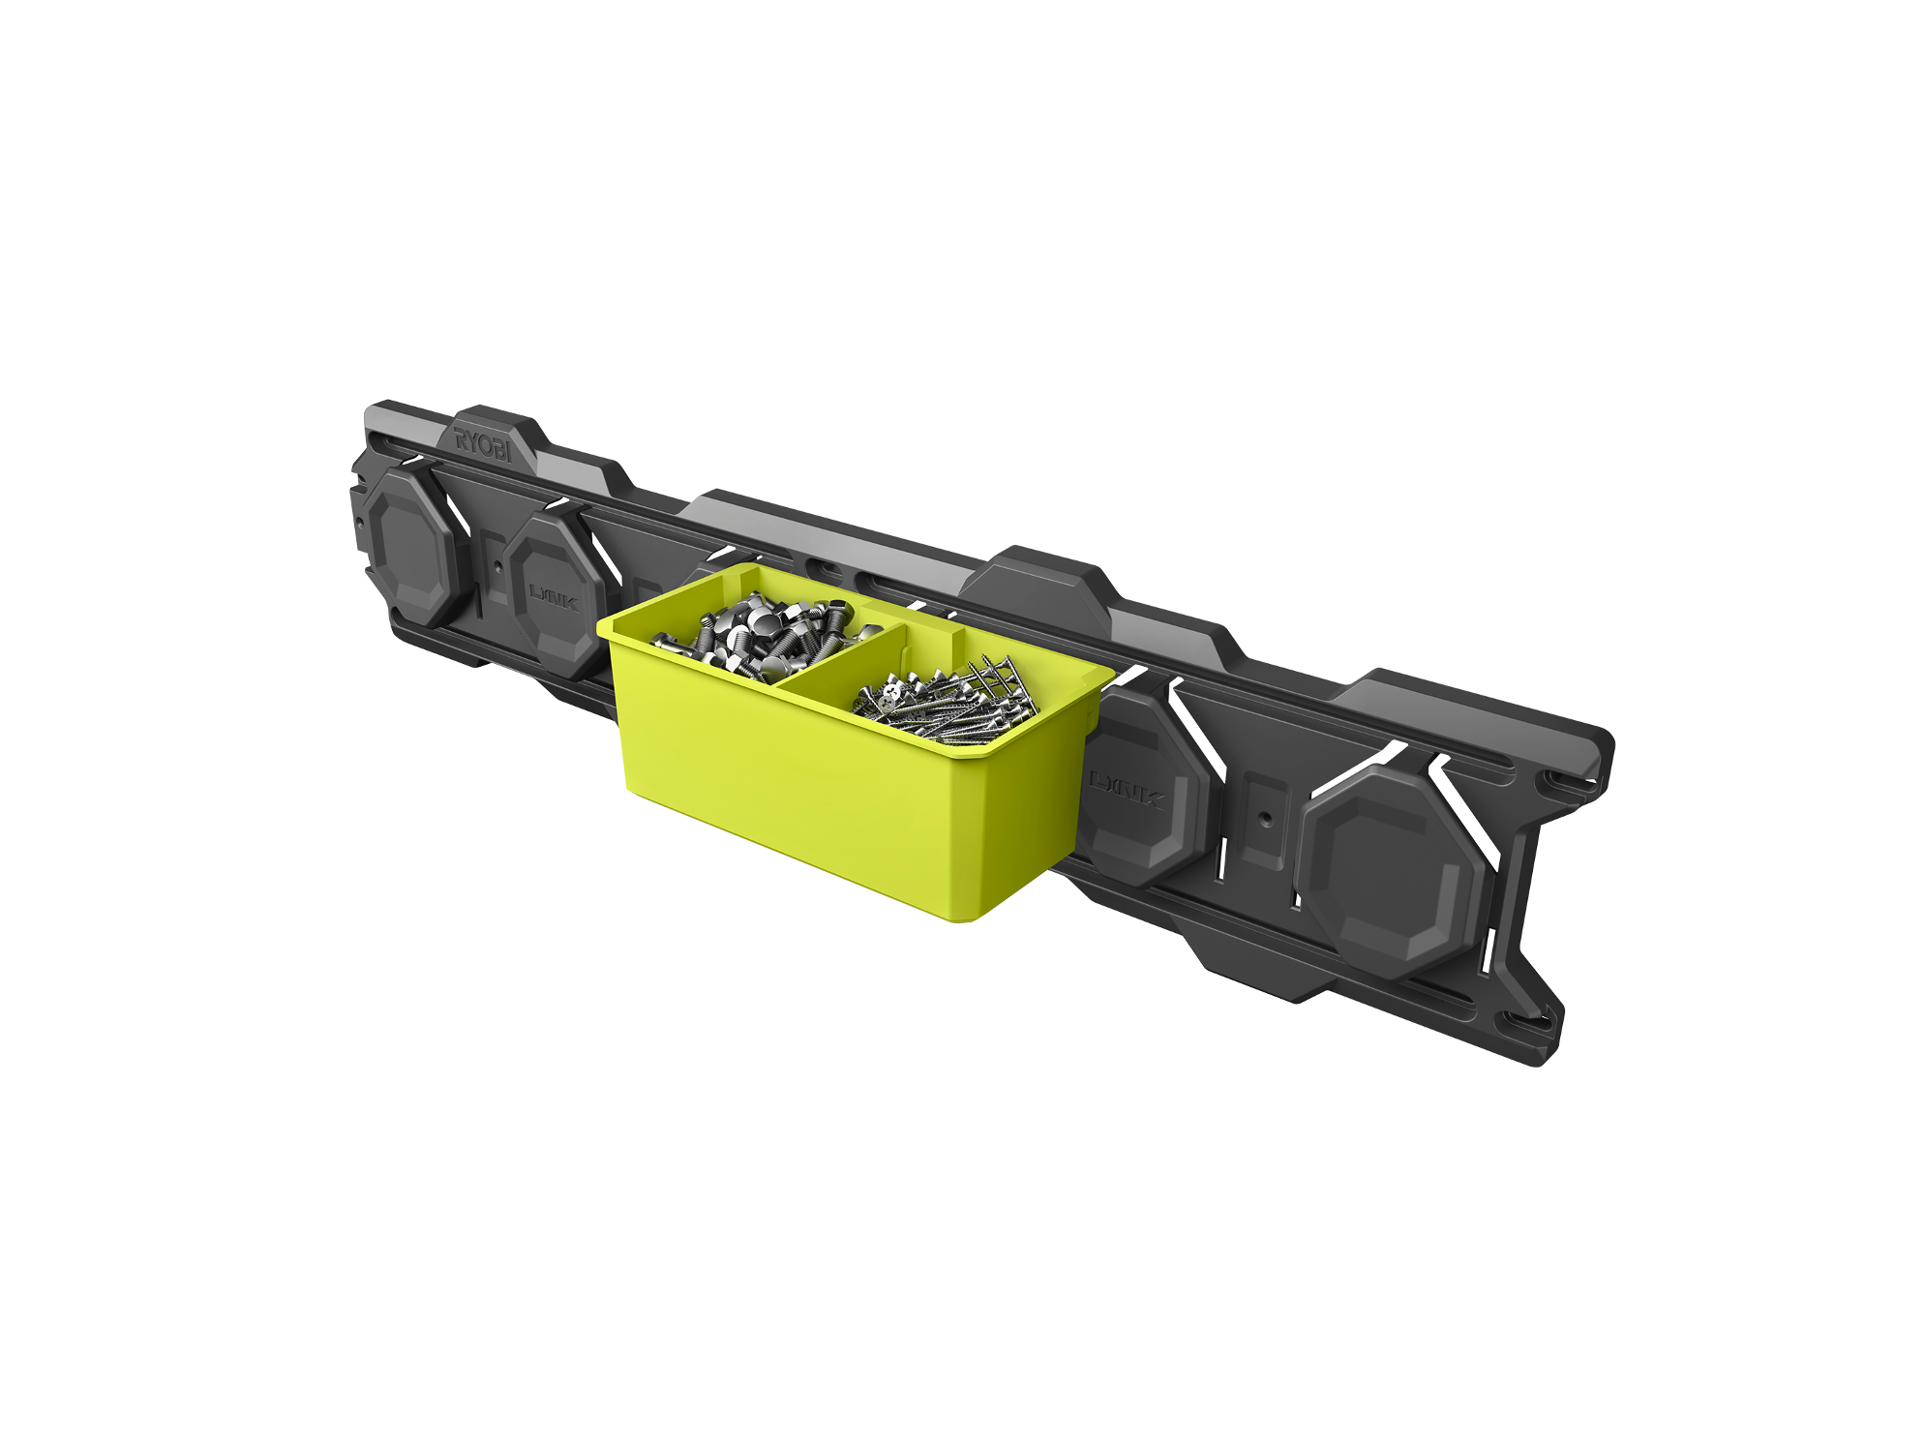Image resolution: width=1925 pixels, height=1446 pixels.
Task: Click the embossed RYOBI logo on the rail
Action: click(x=483, y=444)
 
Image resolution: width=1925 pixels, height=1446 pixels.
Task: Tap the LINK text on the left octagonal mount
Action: click(x=554, y=595)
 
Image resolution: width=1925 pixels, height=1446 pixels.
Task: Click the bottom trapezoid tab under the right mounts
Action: click(x=1258, y=963)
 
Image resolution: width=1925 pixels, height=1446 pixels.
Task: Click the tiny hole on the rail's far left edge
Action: click(x=359, y=524)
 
